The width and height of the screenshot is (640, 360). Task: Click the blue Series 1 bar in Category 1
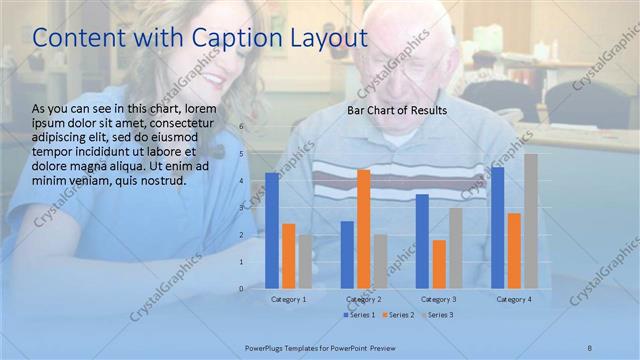click(x=272, y=231)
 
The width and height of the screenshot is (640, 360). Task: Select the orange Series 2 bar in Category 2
click(x=363, y=229)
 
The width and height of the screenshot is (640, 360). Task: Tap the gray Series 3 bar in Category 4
click(x=531, y=221)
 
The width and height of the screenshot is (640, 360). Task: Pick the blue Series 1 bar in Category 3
click(x=422, y=241)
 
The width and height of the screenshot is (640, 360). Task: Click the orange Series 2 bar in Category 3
click(x=439, y=264)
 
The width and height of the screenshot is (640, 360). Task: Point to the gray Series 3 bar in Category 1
click(x=305, y=262)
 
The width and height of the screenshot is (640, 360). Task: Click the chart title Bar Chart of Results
click(x=397, y=110)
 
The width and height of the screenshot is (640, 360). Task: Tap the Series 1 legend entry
click(x=360, y=315)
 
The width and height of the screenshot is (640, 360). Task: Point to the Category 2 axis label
click(x=364, y=299)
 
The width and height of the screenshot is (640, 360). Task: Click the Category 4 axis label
click(x=514, y=299)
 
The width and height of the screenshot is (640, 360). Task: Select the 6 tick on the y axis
click(x=241, y=127)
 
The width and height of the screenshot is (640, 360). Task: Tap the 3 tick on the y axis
click(x=241, y=208)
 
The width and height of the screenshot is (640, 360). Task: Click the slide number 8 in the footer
click(x=590, y=347)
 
